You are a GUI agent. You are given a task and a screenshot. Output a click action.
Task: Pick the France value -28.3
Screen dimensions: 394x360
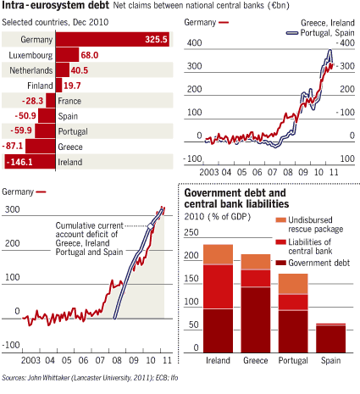pos(36,100)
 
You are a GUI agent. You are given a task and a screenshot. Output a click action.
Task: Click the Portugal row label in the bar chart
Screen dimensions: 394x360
pos(72,131)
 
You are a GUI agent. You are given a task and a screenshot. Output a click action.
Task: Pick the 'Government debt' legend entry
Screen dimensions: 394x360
pos(313,263)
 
